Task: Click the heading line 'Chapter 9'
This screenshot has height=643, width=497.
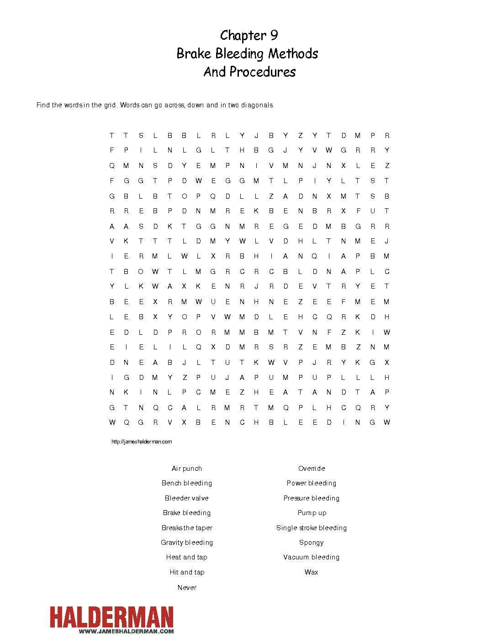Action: click(x=248, y=35)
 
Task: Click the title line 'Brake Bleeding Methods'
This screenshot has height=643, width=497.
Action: click(x=247, y=53)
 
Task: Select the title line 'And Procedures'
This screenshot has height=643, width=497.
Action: click(x=249, y=72)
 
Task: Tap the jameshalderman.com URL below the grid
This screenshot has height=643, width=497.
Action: click(x=142, y=442)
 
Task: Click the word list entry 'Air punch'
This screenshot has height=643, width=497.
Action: click(x=187, y=469)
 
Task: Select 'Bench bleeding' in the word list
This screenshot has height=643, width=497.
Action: click(x=187, y=483)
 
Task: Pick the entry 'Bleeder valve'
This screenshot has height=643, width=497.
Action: click(x=187, y=498)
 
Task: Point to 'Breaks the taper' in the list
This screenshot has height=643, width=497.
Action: click(x=187, y=528)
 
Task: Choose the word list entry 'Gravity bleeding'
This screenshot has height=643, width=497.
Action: click(x=187, y=543)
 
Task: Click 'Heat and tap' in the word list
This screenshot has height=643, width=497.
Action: click(x=187, y=557)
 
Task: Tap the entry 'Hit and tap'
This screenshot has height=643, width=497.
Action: click(x=187, y=572)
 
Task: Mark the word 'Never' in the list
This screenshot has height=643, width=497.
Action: click(x=187, y=588)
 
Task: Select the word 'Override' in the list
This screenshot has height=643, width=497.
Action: click(x=312, y=469)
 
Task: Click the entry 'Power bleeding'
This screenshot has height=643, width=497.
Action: click(x=312, y=483)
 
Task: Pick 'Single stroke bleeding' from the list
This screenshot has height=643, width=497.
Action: click(x=312, y=528)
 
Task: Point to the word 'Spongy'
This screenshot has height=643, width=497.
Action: click(x=312, y=543)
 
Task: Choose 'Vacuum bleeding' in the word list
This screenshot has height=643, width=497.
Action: click(x=312, y=557)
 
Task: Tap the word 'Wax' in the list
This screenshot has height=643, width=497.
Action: click(x=312, y=572)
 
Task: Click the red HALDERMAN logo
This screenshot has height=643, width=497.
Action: click(x=112, y=617)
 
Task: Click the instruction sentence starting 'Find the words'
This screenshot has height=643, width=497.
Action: click(x=155, y=105)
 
